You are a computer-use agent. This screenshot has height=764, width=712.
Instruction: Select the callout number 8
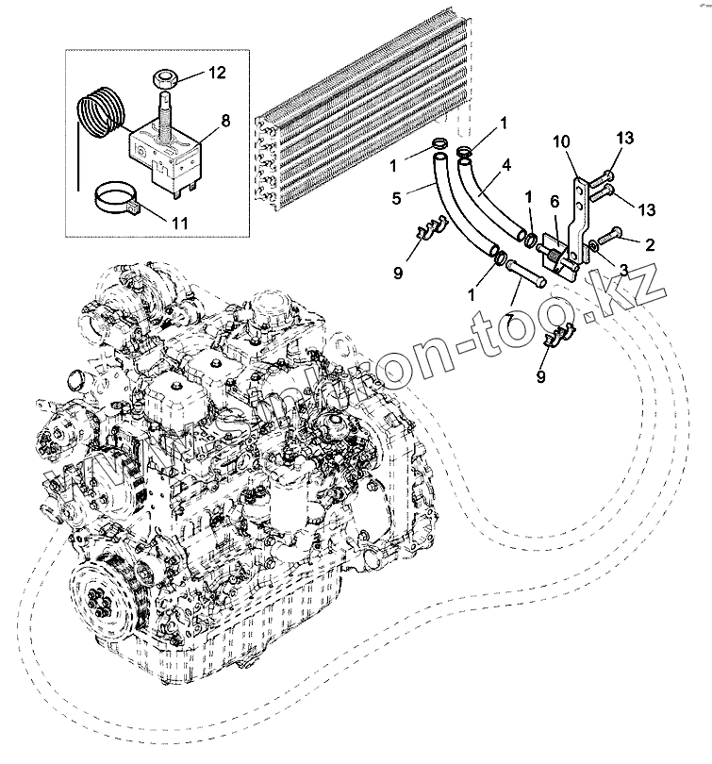tap(224, 120)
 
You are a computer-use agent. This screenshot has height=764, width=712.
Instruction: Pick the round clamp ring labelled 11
tap(119, 200)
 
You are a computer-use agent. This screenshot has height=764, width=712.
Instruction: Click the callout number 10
tap(561, 141)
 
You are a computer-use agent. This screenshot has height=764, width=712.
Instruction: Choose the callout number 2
tap(649, 243)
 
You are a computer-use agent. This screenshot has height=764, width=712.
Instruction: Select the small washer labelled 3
tap(590, 247)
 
